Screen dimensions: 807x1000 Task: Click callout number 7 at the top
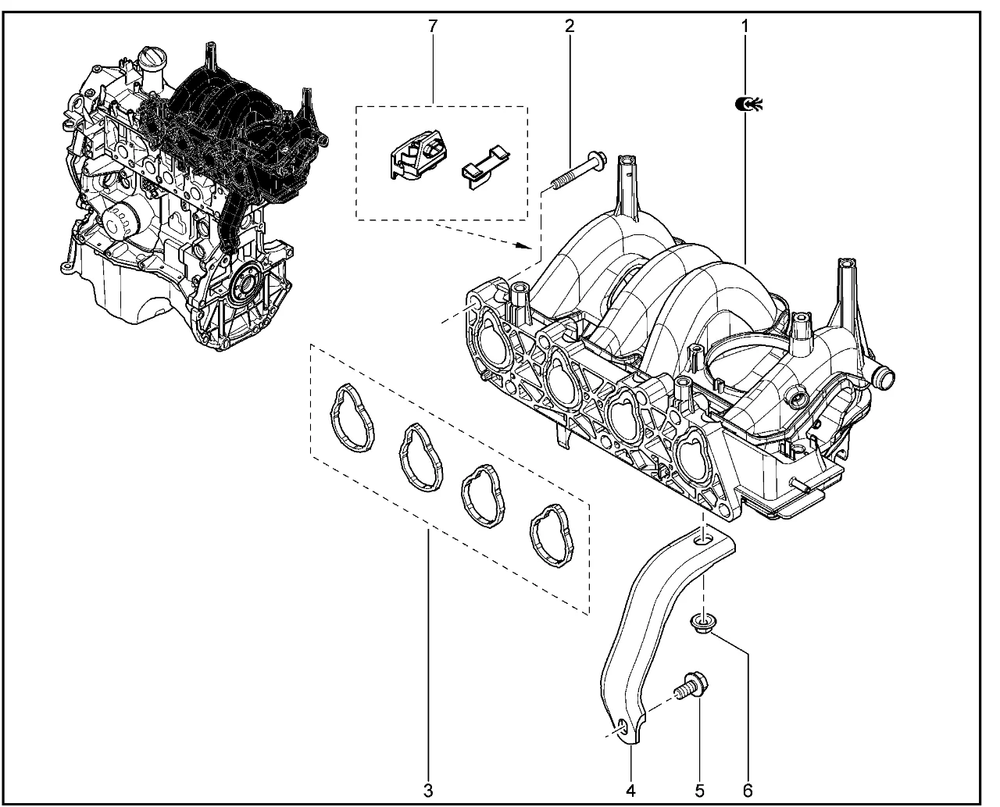click(x=432, y=26)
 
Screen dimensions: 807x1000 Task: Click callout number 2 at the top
click(x=570, y=26)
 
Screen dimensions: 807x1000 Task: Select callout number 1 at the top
click(x=745, y=26)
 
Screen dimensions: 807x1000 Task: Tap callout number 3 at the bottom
click(x=427, y=790)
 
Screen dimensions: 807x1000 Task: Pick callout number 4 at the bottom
click(x=630, y=790)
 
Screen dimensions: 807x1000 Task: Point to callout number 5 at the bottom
click(x=699, y=790)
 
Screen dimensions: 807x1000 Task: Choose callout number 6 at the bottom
click(x=748, y=790)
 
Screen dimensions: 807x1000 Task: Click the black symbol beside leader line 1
click(x=748, y=102)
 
